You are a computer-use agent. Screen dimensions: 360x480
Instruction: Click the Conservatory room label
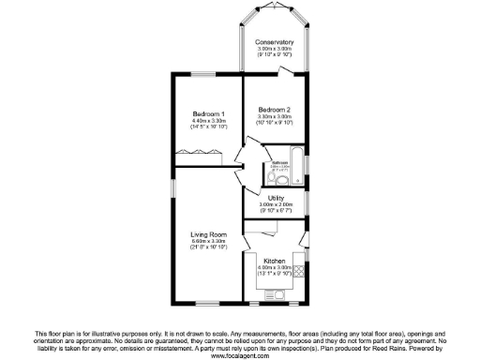[x=275, y=42]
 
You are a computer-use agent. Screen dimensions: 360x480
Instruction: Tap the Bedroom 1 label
[x=205, y=113]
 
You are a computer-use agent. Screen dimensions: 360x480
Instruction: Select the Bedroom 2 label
[x=275, y=110]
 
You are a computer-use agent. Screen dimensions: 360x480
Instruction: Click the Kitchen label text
[x=275, y=260]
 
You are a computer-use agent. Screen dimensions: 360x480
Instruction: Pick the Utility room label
[x=276, y=199]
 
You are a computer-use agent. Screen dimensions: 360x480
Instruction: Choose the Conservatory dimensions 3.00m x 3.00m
[x=275, y=51]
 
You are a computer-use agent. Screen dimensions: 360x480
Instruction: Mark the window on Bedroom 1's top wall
[x=205, y=73]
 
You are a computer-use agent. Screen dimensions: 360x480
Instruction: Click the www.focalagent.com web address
[x=239, y=355]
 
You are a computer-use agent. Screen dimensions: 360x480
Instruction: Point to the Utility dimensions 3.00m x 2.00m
[x=276, y=207]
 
